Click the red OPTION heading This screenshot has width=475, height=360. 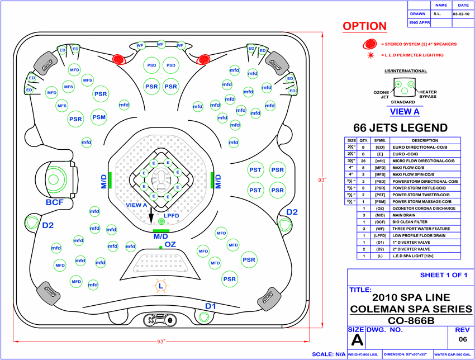click(x=364, y=26)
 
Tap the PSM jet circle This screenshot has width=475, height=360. click(x=99, y=117)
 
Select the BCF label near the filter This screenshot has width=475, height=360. click(x=55, y=202)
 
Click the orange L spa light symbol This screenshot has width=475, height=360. click(x=161, y=286)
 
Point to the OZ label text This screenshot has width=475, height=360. click(x=170, y=244)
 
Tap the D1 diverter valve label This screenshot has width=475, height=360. click(x=211, y=306)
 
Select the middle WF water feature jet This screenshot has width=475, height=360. click(x=160, y=44)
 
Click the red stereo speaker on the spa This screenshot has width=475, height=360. click(x=118, y=58)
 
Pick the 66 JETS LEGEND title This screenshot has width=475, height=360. click(x=400, y=127)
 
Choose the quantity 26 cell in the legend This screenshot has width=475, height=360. click(x=364, y=161)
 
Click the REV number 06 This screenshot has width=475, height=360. click(x=462, y=339)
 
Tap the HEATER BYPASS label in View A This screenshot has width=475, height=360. click(x=427, y=94)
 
